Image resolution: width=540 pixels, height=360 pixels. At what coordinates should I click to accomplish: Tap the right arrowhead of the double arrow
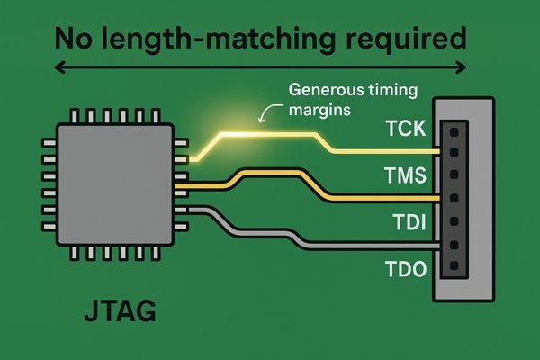click(x=462, y=67)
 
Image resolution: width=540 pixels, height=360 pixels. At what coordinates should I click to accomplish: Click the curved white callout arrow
click(x=268, y=112)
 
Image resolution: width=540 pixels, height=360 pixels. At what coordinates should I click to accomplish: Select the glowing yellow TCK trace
click(x=270, y=135)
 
